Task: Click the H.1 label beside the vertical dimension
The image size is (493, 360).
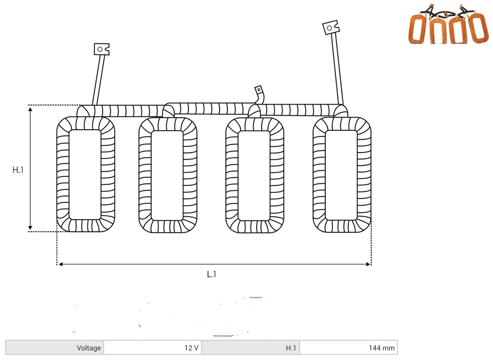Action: [x=18, y=170]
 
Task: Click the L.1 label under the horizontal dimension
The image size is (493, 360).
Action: [x=212, y=274]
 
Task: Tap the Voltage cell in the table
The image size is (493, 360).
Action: [x=55, y=348]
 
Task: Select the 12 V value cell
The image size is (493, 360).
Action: [x=153, y=348]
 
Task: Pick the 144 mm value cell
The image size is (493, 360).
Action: [x=349, y=348]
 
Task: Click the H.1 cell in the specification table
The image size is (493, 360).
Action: [x=251, y=348]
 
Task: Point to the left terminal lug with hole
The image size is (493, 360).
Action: [x=102, y=49]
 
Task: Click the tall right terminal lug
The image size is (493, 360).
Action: [x=331, y=27]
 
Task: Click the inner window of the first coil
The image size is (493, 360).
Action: [x=85, y=175]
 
